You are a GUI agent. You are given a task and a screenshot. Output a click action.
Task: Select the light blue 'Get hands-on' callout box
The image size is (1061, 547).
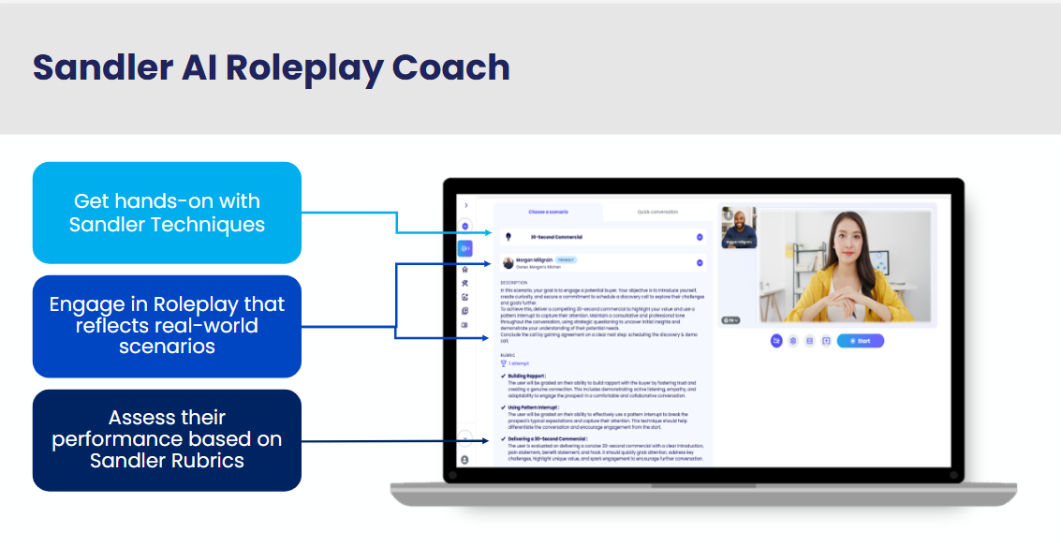[x=167, y=213]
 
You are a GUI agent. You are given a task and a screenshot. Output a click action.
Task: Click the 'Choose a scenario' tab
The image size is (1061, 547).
[x=548, y=212]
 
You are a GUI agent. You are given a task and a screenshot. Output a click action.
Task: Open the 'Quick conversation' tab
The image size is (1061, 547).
[x=657, y=212]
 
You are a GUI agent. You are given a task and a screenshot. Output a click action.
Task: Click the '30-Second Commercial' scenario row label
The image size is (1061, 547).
[x=556, y=237]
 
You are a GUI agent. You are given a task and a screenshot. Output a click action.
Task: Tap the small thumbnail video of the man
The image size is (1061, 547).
[x=738, y=229]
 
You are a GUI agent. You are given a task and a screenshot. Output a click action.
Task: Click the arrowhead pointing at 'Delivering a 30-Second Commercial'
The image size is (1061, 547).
[x=485, y=439]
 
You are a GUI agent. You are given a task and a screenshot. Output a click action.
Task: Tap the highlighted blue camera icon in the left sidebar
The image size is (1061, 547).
[x=465, y=248]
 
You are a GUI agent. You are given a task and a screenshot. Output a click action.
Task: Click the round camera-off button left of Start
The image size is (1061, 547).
[x=776, y=341]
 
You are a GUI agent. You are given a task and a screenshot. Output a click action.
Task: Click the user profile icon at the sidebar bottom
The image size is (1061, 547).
[x=465, y=460]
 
